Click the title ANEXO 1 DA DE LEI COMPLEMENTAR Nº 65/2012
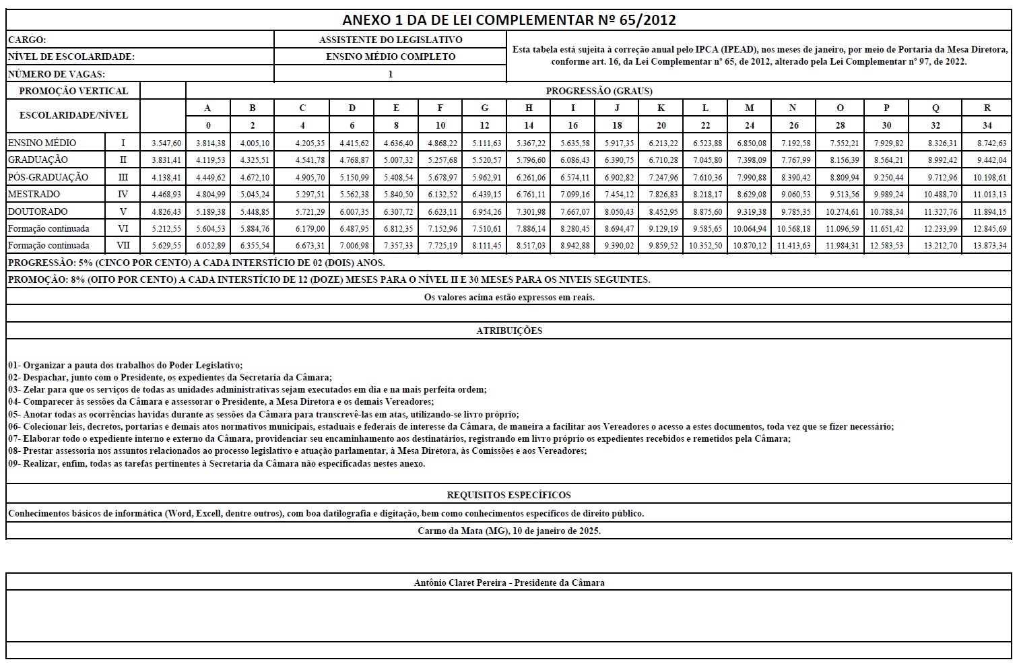508,20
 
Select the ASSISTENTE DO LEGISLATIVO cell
390,40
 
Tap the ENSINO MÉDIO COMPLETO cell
390,57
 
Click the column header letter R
987,108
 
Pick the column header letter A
207,108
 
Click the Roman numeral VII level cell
123,246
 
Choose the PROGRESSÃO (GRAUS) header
599,91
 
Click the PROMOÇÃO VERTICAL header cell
73,91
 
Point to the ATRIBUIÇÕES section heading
508,331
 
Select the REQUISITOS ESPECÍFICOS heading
508,495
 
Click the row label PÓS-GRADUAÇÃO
48,177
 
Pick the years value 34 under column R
987,125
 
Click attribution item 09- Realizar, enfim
216,463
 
